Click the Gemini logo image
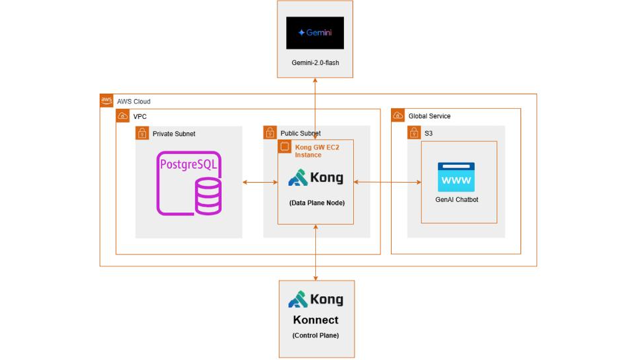[x=315, y=33]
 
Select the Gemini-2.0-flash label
[x=315, y=63]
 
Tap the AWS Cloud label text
[x=133, y=102]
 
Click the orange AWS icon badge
[x=106, y=100]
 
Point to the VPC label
[x=140, y=116]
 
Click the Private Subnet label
[x=174, y=134]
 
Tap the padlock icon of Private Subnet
[x=142, y=133]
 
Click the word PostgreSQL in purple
[x=189, y=163]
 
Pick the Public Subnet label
[x=301, y=134]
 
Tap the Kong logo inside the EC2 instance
[x=315, y=178]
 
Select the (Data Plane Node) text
[x=315, y=203]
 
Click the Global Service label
[x=429, y=116]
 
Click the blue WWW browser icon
[x=456, y=177]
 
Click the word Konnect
[x=315, y=320]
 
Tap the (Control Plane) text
[x=315, y=335]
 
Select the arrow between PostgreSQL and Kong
[x=260, y=181]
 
